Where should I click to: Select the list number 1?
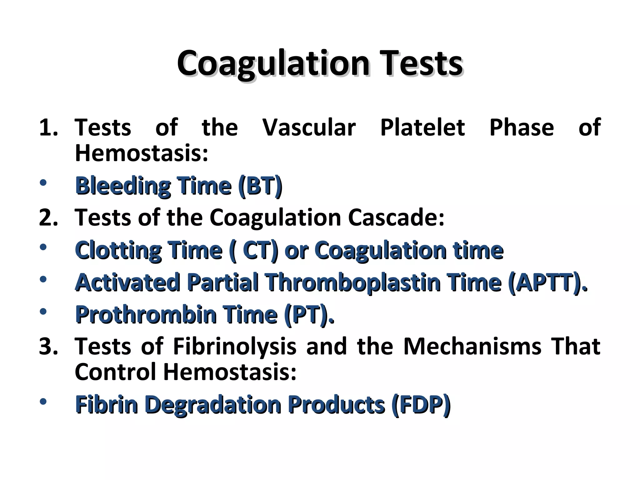pyautogui.click(x=48, y=127)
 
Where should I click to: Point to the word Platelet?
pyautogui.click(x=422, y=127)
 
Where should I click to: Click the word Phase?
pyautogui.click(x=522, y=127)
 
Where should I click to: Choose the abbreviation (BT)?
pyautogui.click(x=260, y=186)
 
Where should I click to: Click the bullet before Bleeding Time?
pyautogui.click(x=43, y=182)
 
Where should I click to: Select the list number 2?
pyautogui.click(x=48, y=217)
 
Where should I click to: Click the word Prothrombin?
pyautogui.click(x=146, y=315)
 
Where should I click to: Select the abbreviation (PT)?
pyautogui.click(x=309, y=315)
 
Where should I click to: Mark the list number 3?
pyautogui.click(x=48, y=347)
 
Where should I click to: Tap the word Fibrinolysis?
pyautogui.click(x=234, y=347)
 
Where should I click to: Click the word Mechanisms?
pyautogui.click(x=472, y=347)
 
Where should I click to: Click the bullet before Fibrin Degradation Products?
pyautogui.click(x=43, y=401)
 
